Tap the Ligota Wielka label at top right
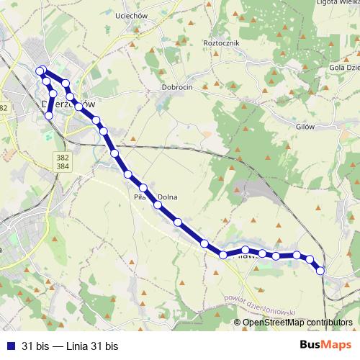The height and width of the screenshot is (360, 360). click(338, 3)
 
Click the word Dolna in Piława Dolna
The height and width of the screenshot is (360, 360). click(167, 197)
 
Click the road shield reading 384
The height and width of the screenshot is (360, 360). click(63, 166)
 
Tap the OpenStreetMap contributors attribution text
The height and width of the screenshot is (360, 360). click(297, 322)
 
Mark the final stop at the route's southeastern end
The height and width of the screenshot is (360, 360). click(320, 270)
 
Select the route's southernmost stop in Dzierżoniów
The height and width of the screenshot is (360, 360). click(49, 115)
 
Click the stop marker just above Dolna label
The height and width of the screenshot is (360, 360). click(143, 188)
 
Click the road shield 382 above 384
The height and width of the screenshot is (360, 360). click(63, 156)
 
